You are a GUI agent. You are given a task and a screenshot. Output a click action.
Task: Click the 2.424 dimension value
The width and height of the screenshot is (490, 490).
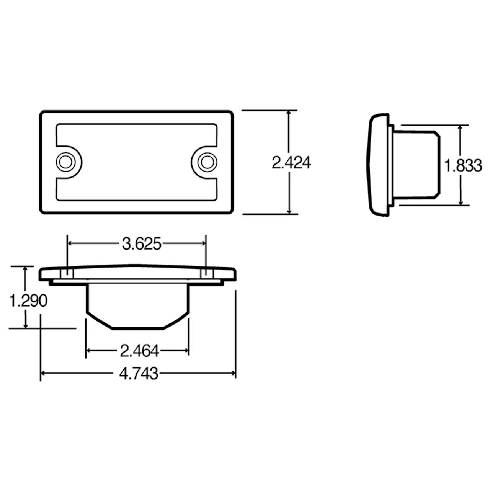point(291,163)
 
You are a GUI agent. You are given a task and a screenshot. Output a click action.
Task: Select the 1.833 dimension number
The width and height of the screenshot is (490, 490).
point(463,165)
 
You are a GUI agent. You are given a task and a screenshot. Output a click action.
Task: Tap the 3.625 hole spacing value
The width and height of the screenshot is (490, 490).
point(142,244)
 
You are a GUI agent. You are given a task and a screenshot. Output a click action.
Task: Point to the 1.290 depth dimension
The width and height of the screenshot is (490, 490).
point(28,301)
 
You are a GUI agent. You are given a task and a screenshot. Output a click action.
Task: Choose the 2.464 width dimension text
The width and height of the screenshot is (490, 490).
point(140,351)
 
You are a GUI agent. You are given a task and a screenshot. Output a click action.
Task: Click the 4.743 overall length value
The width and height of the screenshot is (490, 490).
point(139,374)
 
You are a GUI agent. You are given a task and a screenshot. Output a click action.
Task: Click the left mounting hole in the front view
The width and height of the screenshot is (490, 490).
point(65,162)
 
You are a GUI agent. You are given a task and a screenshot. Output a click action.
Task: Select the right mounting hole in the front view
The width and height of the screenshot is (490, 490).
point(207,162)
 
